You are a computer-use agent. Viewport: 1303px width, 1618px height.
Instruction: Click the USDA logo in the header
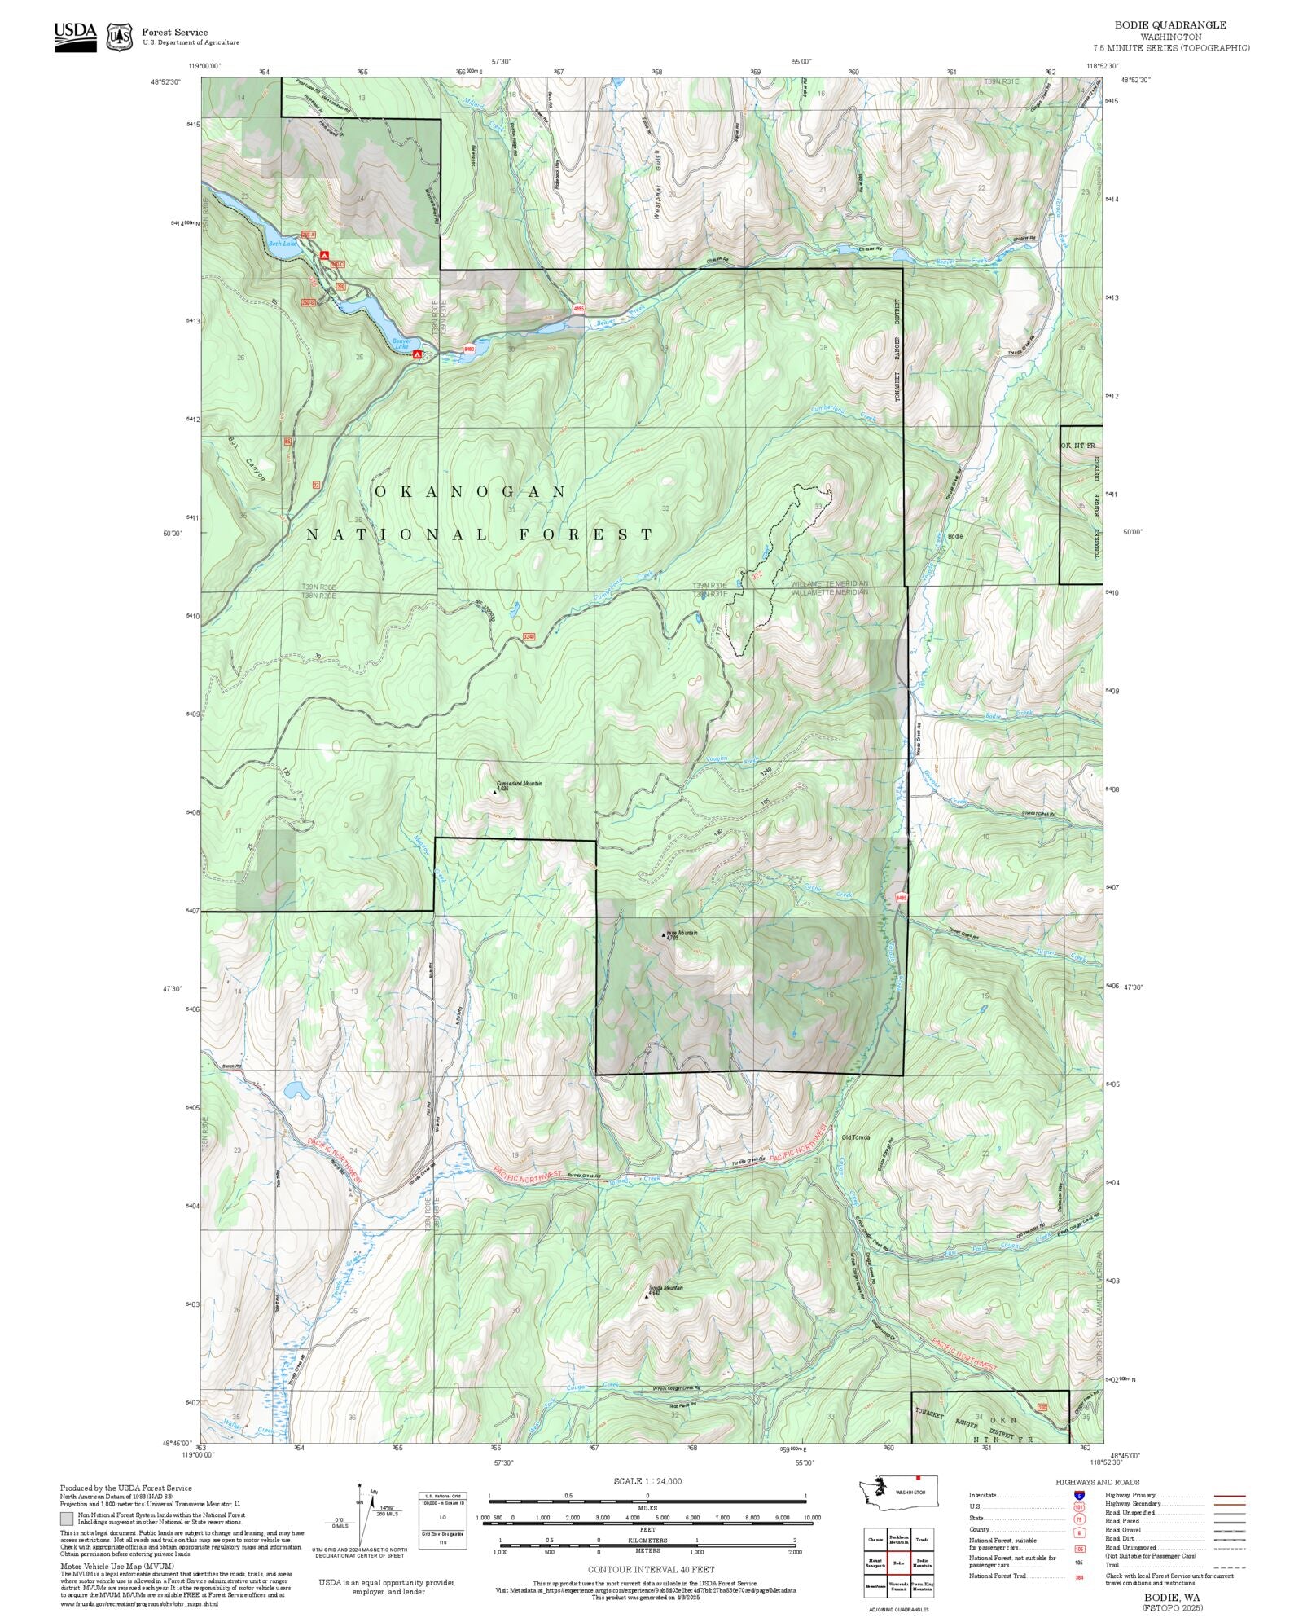pyautogui.click(x=75, y=37)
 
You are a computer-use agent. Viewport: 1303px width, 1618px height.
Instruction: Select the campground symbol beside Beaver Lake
pyautogui.click(x=418, y=354)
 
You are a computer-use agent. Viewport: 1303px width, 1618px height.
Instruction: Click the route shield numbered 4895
pyautogui.click(x=579, y=309)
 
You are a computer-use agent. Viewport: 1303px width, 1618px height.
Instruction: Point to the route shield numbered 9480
pyautogui.click(x=469, y=349)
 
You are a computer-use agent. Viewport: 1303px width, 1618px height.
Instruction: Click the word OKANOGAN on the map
pyautogui.click(x=471, y=492)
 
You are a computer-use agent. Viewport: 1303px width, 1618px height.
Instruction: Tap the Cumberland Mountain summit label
pyautogui.click(x=519, y=784)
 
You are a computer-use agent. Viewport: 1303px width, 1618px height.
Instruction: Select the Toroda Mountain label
pyautogui.click(x=665, y=1288)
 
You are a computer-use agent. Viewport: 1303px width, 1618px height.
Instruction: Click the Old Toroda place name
pyautogui.click(x=856, y=1137)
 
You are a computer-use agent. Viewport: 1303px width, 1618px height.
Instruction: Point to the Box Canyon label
pyautogui.click(x=246, y=459)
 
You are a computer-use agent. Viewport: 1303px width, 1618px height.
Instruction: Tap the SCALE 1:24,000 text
pyautogui.click(x=647, y=1481)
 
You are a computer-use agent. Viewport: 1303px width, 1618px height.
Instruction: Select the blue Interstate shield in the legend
pyautogui.click(x=1079, y=1495)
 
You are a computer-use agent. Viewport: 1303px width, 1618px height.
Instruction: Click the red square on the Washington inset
pyautogui.click(x=918, y=1477)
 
